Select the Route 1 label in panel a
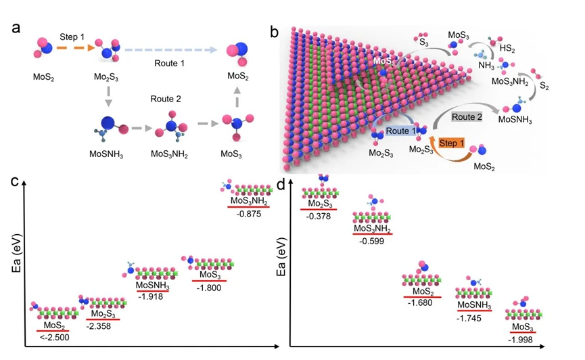(x=168, y=62)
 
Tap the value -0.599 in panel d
(x=372, y=241)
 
